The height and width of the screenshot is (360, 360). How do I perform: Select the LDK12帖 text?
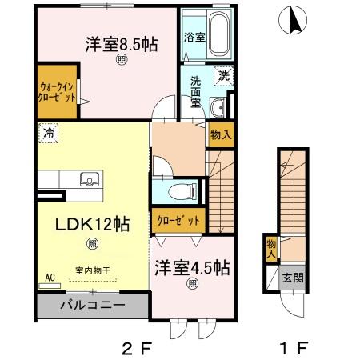[x=82, y=224]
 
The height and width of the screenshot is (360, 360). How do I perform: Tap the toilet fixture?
[x=183, y=190]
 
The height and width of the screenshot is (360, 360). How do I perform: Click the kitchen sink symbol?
[x=88, y=178]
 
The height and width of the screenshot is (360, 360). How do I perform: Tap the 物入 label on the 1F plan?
[x=272, y=248]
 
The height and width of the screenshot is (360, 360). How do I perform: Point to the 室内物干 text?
[x=94, y=271]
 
